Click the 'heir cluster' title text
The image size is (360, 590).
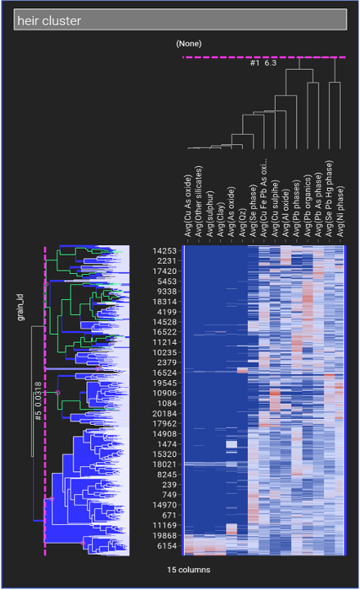(49, 21)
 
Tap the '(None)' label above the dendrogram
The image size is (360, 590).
(189, 44)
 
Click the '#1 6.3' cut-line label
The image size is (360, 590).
(263, 63)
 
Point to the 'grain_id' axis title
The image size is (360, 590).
(21, 308)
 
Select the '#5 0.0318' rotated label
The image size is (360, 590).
(38, 401)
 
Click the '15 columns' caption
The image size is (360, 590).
(189, 570)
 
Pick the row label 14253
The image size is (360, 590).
(164, 251)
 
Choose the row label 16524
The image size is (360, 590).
(164, 373)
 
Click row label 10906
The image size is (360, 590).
(164, 394)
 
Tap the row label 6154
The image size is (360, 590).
(167, 545)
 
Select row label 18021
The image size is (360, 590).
(164, 464)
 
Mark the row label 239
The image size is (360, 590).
(169, 485)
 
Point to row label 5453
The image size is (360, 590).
(167, 282)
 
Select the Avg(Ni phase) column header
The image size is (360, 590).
(341, 212)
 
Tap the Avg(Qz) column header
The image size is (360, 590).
(243, 223)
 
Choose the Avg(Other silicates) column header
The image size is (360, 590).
(199, 201)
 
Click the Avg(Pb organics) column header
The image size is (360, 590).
(308, 206)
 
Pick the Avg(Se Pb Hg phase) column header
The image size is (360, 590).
(330, 199)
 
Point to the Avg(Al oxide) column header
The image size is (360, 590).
(286, 213)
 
